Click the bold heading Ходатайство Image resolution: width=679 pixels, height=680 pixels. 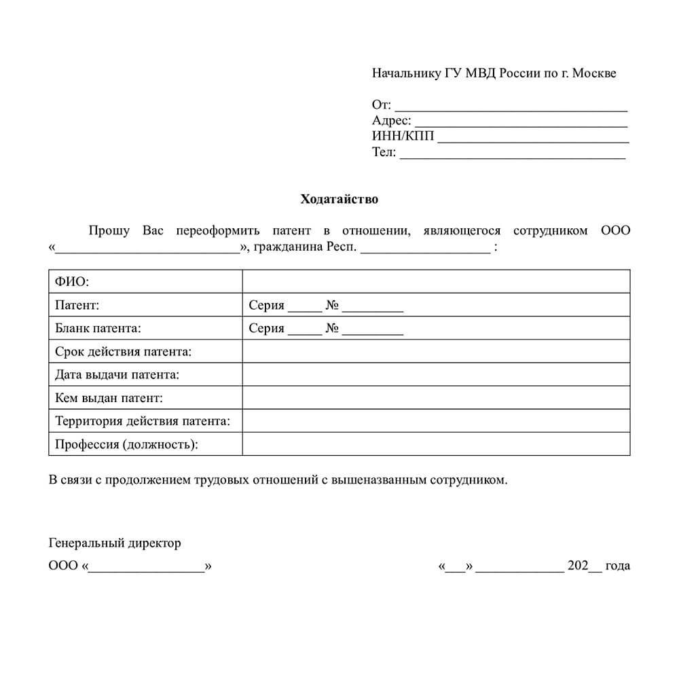(x=339, y=200)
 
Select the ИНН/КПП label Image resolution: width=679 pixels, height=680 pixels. (x=403, y=137)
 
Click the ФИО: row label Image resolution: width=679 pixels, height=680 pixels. (x=72, y=281)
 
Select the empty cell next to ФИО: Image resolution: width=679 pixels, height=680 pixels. (x=436, y=281)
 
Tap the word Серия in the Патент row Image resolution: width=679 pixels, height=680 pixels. (x=266, y=305)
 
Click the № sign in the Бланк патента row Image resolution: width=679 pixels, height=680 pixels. (x=332, y=329)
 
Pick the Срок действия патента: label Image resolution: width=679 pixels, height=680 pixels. (x=123, y=352)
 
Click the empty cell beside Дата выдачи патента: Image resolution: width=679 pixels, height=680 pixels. (x=436, y=374)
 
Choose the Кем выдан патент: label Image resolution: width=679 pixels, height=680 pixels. (x=109, y=398)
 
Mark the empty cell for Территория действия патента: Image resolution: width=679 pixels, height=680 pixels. (x=436, y=421)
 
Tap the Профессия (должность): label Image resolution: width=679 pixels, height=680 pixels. (x=127, y=444)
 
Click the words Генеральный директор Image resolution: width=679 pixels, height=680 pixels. (x=115, y=543)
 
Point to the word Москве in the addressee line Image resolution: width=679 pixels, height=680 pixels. (x=594, y=73)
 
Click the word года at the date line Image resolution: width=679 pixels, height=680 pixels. (x=617, y=566)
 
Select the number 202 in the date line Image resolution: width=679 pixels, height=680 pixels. (x=578, y=566)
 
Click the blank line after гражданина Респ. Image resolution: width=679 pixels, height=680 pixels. (x=425, y=248)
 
